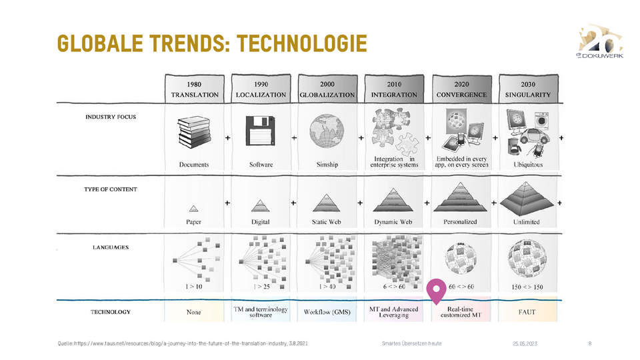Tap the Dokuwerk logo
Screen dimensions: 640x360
(x=601, y=41)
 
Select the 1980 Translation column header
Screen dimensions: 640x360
(x=195, y=89)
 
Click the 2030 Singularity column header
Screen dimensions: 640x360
(x=528, y=89)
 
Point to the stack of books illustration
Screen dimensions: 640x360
(x=194, y=132)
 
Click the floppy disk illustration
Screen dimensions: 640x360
(x=261, y=131)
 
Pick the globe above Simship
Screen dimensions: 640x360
(x=327, y=131)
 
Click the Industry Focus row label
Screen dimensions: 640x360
(x=111, y=117)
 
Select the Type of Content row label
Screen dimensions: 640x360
(x=111, y=189)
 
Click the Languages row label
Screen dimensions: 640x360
(x=111, y=247)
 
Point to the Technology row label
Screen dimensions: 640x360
(x=111, y=312)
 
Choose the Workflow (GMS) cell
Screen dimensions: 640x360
(x=327, y=312)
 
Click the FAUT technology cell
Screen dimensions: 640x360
(x=527, y=312)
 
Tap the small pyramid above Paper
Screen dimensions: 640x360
(x=193, y=209)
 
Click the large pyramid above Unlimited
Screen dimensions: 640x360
(x=527, y=199)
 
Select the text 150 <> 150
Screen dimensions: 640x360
(x=527, y=287)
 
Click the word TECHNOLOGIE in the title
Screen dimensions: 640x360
(x=302, y=44)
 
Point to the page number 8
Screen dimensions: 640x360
(x=590, y=343)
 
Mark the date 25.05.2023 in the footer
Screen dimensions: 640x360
(x=525, y=344)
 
